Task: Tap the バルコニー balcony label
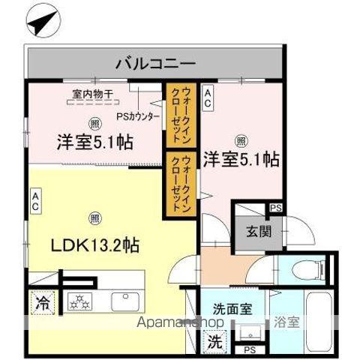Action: (x=155, y=64)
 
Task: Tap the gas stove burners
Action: (x=79, y=302)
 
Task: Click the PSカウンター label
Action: (x=136, y=117)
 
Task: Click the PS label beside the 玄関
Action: (x=275, y=208)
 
